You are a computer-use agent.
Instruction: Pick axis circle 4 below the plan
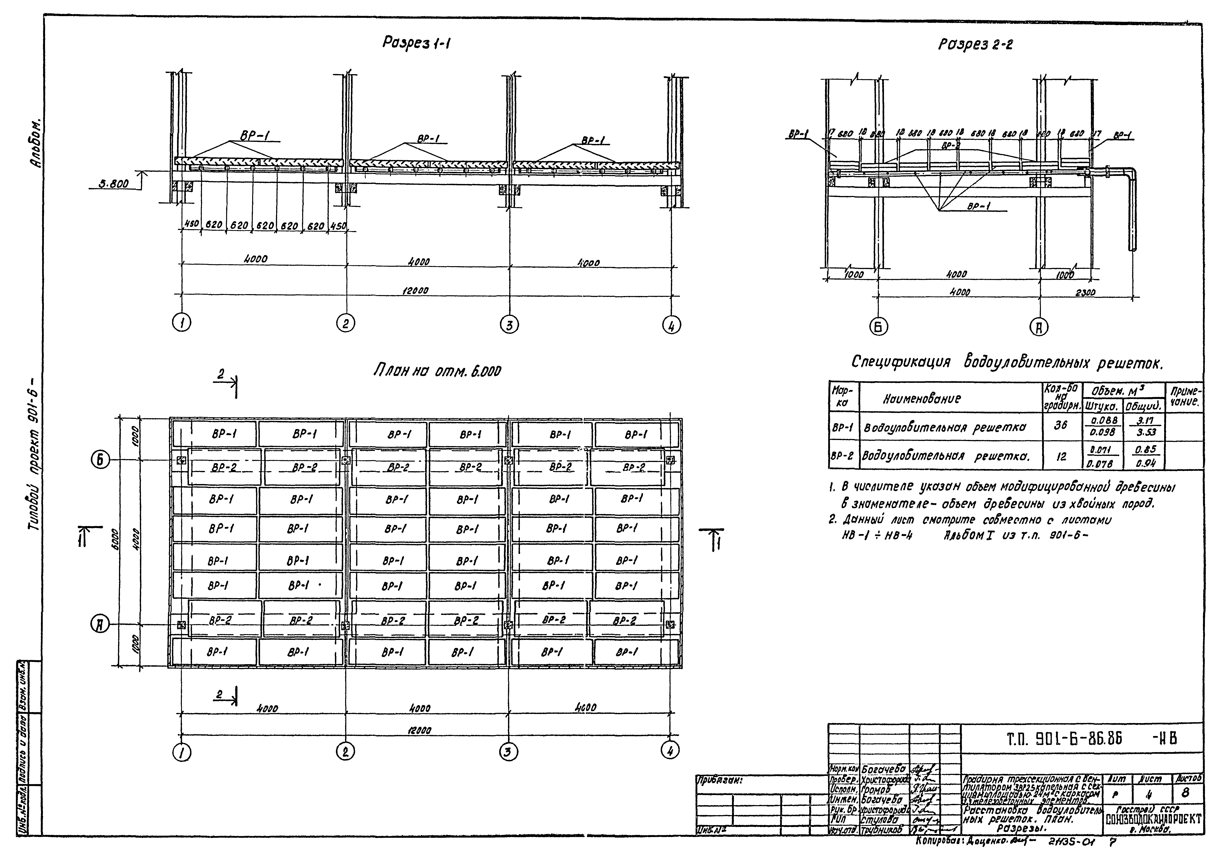pos(670,750)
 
